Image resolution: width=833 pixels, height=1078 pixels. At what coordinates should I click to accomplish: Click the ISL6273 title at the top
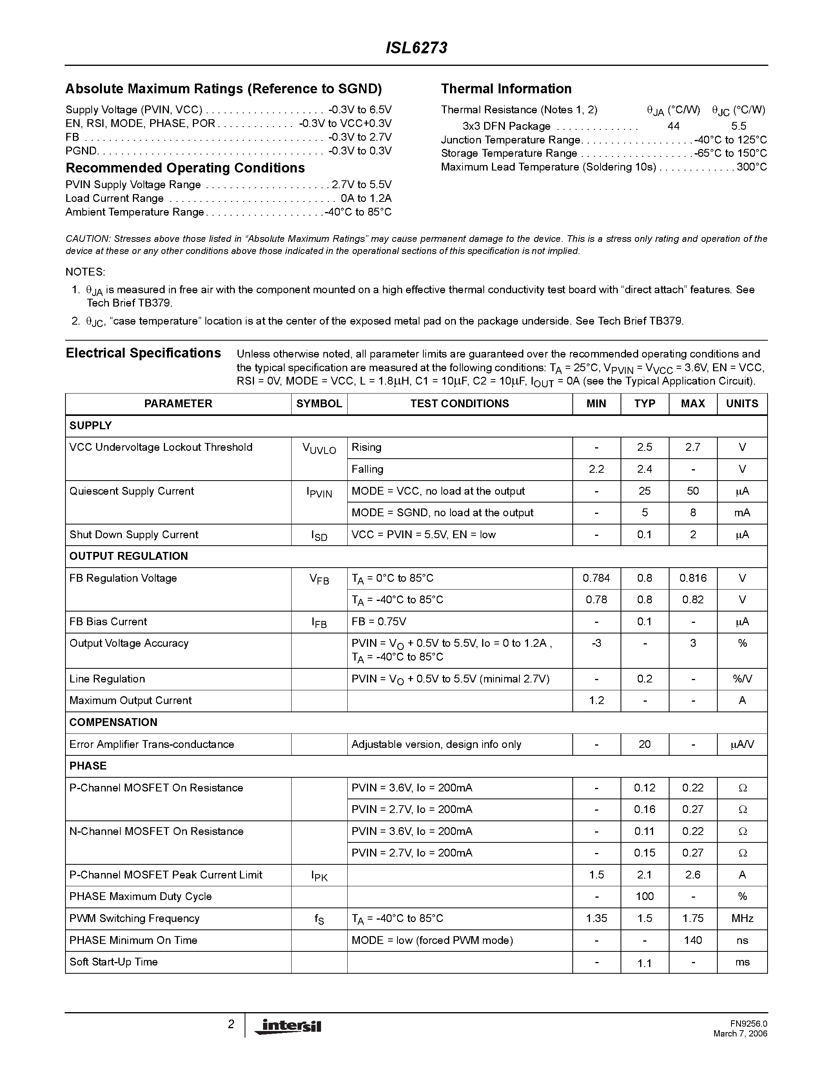[x=416, y=48]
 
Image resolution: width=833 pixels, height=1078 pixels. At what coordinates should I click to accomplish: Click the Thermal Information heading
[x=506, y=89]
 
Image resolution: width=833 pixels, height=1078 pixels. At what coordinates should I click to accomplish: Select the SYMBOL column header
[x=319, y=404]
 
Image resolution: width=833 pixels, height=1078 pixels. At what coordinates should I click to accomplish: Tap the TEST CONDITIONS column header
[x=459, y=404]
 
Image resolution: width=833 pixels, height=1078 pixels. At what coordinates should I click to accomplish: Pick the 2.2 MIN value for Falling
[x=596, y=469]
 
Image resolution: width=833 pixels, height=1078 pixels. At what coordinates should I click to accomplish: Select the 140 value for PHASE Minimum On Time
[x=693, y=941]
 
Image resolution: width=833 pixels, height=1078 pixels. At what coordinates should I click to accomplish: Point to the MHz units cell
[x=742, y=918]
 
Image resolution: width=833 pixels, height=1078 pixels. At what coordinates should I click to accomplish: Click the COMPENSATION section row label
[x=113, y=722]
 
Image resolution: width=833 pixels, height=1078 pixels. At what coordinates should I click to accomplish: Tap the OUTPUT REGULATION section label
[x=128, y=556]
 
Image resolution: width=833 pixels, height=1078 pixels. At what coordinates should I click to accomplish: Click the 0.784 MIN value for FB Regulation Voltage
[x=596, y=578]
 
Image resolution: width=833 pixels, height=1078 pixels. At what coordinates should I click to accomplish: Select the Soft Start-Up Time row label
[x=114, y=962]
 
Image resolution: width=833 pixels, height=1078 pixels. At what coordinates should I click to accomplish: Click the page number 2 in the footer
[x=231, y=1025]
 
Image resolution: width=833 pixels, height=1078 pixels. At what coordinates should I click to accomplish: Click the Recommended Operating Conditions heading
[x=185, y=168]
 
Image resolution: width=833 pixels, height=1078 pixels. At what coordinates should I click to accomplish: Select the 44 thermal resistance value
[x=673, y=126]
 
